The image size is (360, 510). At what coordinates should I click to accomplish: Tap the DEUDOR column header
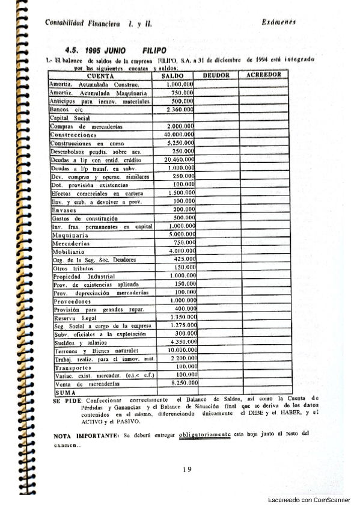pos(216,75)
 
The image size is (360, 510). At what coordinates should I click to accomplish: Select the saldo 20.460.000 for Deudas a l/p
pos(178,160)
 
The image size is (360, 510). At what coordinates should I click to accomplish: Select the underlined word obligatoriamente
pos(205,433)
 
